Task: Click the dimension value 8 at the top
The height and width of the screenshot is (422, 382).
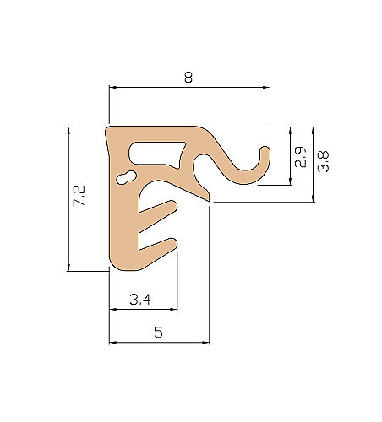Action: point(188,78)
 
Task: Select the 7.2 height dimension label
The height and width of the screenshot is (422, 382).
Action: point(79,196)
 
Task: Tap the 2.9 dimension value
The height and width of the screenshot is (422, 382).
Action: point(300,157)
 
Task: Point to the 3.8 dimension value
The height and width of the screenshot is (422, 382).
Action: point(323,161)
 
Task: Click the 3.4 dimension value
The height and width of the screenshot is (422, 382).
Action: point(140,300)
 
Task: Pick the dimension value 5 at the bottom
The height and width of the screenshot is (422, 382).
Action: point(159,333)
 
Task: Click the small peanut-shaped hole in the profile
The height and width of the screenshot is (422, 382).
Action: point(127,178)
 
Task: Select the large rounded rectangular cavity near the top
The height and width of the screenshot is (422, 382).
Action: point(156,154)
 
